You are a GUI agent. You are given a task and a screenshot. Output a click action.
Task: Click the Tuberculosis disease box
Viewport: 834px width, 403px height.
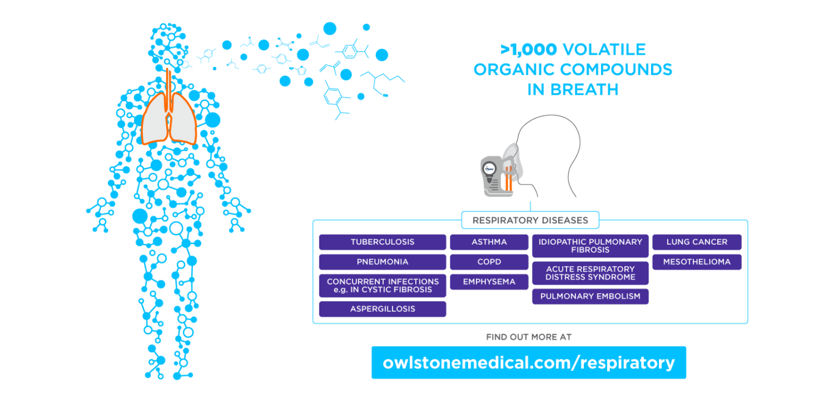pos(382,242)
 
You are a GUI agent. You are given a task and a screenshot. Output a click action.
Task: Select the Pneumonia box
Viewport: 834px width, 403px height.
pos(382,262)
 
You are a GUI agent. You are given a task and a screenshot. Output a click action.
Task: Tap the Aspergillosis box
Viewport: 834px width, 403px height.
pos(382,309)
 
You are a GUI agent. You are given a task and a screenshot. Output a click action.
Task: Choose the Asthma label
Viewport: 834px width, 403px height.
pos(489,242)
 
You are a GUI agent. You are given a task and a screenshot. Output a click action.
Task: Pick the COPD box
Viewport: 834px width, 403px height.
pos(489,262)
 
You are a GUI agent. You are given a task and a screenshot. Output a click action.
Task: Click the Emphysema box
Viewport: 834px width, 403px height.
pos(489,282)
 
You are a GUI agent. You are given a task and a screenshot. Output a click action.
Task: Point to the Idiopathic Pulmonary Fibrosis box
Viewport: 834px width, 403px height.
pos(590,246)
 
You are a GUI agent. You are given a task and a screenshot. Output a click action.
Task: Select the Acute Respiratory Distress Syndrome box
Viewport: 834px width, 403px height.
pos(590,273)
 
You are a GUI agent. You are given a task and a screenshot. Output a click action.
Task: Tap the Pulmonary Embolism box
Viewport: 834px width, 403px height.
pos(590,296)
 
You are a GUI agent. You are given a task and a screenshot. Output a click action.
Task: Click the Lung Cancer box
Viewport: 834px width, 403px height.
pos(696,242)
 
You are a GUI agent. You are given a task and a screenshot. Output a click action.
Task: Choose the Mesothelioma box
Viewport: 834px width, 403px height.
pos(696,262)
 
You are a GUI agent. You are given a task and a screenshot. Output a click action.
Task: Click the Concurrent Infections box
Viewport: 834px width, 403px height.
pos(382,286)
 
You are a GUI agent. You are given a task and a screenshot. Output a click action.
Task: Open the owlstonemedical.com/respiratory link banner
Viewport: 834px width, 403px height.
pos(529,363)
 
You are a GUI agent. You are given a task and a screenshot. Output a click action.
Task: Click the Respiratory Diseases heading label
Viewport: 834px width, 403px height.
pos(530,220)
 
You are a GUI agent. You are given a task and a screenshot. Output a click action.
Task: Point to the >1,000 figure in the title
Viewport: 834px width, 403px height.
pos(528,50)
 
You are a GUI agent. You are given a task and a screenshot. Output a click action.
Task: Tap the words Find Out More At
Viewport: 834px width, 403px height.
pos(529,337)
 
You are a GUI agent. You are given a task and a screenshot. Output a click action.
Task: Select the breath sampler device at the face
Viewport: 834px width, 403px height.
pos(497,176)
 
